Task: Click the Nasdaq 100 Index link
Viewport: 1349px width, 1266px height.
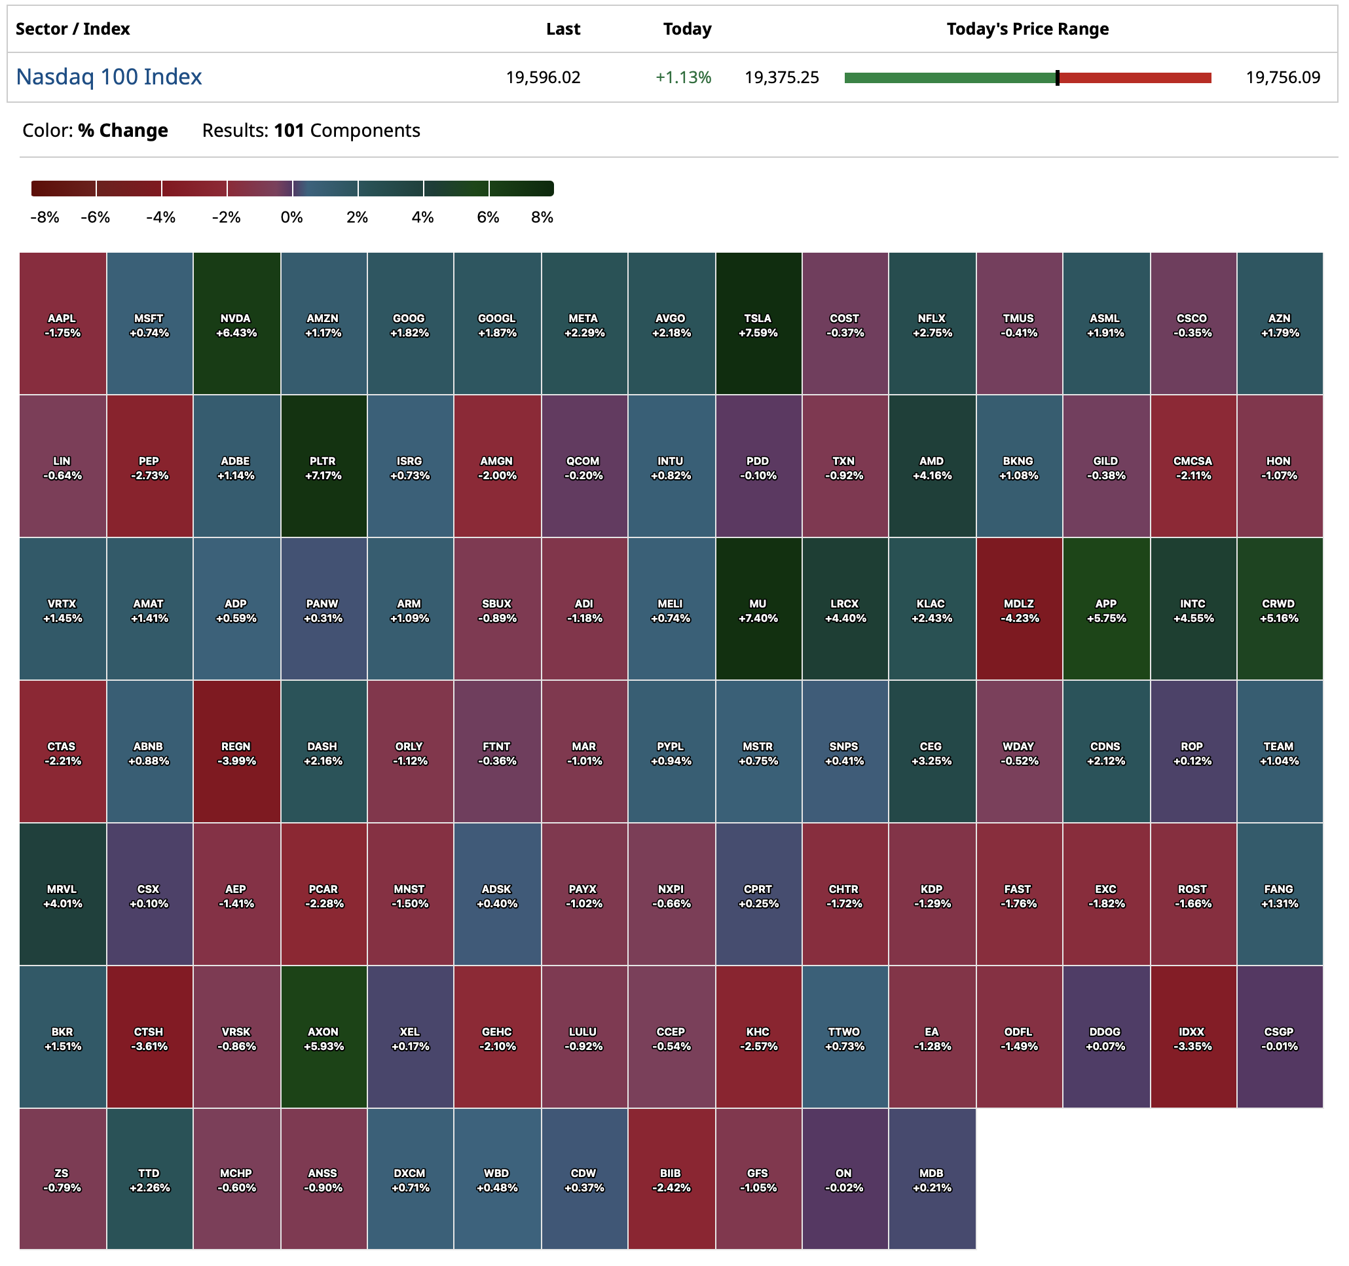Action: click(109, 77)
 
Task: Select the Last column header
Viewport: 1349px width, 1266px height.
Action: click(563, 29)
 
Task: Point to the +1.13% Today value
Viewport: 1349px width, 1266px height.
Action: click(682, 77)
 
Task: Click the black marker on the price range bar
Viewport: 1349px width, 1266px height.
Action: click(1056, 78)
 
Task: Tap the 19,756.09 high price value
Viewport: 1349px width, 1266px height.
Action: click(1282, 77)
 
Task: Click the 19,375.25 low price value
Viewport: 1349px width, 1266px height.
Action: click(782, 77)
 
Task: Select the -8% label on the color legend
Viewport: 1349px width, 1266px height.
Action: click(45, 217)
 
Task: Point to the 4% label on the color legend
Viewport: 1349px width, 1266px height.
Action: click(422, 217)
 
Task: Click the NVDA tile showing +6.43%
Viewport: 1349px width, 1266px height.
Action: click(236, 324)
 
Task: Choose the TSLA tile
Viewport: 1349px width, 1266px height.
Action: click(758, 324)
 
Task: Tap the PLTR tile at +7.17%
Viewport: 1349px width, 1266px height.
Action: click(323, 467)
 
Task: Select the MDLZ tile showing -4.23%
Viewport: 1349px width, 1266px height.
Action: click(1018, 609)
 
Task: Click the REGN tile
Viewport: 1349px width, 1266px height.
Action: click(236, 751)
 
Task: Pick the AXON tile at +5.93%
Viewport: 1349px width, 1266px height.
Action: click(323, 1038)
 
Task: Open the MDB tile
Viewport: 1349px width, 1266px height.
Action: click(932, 1178)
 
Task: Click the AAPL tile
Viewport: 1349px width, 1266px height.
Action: click(62, 324)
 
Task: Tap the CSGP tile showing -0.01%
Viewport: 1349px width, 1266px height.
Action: click(1279, 1038)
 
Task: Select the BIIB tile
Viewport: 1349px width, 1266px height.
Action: click(671, 1178)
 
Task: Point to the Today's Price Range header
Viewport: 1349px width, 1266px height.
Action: click(1027, 29)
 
